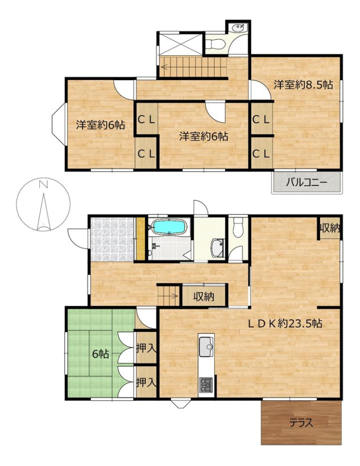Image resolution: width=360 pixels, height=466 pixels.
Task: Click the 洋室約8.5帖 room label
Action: (x=303, y=85)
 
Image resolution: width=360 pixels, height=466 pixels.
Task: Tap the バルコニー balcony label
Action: (x=307, y=182)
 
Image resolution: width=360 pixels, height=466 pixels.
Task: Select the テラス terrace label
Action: (x=301, y=423)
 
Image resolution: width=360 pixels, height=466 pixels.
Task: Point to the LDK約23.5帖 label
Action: (x=285, y=323)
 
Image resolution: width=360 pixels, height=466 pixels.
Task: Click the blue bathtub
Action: (x=169, y=227)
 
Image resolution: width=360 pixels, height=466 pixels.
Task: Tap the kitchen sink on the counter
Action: (x=206, y=347)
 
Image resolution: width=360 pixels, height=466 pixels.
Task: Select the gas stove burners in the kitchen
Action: (x=206, y=385)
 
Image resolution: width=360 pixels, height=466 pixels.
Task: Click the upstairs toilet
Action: (x=215, y=44)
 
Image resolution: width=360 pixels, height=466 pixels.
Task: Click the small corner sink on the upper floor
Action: (x=239, y=28)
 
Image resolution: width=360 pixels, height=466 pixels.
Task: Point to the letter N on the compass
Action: (x=44, y=184)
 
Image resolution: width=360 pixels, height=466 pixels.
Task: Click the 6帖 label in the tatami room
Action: (x=101, y=354)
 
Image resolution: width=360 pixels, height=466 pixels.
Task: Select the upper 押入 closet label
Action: (x=146, y=348)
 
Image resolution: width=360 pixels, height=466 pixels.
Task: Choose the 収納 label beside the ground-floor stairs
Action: (x=204, y=296)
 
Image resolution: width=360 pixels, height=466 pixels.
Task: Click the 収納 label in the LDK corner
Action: (x=330, y=229)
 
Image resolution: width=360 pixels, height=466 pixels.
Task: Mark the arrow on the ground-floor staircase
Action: (x=169, y=296)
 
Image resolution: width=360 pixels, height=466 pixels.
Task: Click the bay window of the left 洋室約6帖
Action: (x=59, y=125)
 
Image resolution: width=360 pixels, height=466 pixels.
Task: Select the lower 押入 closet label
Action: (x=146, y=383)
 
